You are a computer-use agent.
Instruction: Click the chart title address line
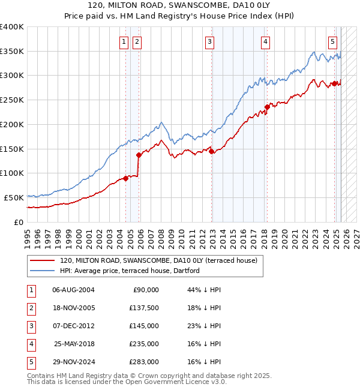pos(179,5)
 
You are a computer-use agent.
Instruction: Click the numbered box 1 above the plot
pos(124,41)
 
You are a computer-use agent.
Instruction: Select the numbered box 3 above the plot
pos(209,41)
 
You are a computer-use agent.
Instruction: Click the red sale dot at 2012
pos(212,151)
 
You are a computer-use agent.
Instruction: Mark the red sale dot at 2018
pos(268,107)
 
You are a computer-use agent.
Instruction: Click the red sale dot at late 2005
pos(139,155)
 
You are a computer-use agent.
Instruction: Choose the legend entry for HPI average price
pos(129,271)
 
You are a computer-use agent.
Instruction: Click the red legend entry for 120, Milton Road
pos(158,260)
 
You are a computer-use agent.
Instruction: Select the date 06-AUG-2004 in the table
pos(73,290)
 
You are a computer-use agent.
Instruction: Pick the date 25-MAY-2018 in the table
pos(74,344)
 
